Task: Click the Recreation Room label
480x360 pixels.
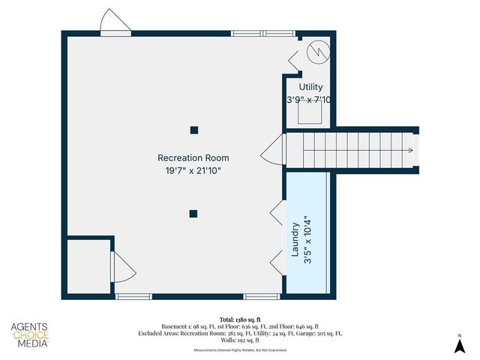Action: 193,157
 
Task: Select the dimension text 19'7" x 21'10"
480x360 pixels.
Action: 193,171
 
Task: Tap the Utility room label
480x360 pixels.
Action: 310,88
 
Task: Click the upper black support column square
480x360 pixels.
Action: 193,130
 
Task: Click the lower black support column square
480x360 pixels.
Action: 193,214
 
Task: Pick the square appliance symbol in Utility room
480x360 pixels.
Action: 310,112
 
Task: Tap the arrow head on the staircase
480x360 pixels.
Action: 409,151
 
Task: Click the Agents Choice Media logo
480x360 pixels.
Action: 30,335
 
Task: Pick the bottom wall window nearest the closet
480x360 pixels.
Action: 133,297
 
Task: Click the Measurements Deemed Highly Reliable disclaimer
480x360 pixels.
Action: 239,350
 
